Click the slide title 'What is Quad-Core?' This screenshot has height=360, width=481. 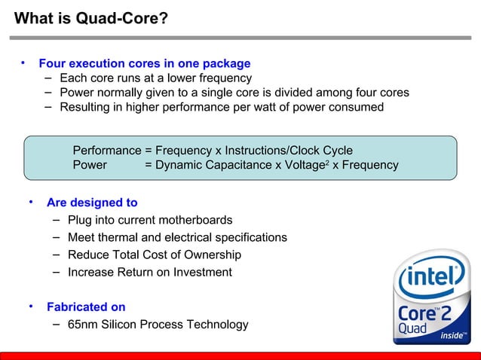pyautogui.click(x=91, y=18)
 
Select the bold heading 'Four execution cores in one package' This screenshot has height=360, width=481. pyautogui.click(x=144, y=63)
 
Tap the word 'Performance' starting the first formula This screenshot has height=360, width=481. pyautogui.click(x=106, y=151)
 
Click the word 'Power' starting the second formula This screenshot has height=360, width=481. pyautogui.click(x=90, y=165)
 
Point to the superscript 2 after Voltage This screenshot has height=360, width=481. pyautogui.click(x=326, y=162)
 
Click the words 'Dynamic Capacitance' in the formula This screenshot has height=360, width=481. pyautogui.click(x=207, y=165)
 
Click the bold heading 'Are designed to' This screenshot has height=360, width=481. pyautogui.click(x=91, y=203)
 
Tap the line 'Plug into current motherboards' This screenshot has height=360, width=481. pyautogui.click(x=149, y=220)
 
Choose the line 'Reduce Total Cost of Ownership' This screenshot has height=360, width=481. pyautogui.click(x=154, y=255)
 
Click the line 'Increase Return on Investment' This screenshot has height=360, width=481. pyautogui.click(x=149, y=272)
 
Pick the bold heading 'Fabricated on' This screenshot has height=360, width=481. pyautogui.click(x=86, y=307)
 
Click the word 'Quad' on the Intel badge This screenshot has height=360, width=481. pyautogui.click(x=412, y=328)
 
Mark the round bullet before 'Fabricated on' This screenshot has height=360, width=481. pyautogui.click(x=31, y=307)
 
